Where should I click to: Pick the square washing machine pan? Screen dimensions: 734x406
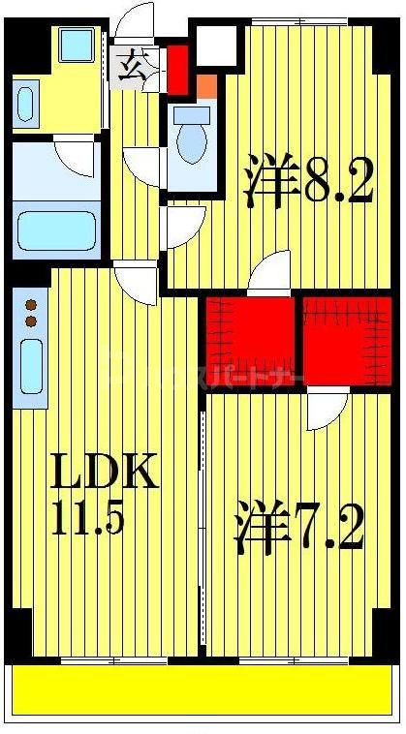point(73,46)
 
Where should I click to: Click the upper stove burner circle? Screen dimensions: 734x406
point(30,303)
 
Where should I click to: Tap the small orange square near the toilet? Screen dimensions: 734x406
point(206,85)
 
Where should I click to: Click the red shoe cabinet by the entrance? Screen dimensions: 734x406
point(176,65)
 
